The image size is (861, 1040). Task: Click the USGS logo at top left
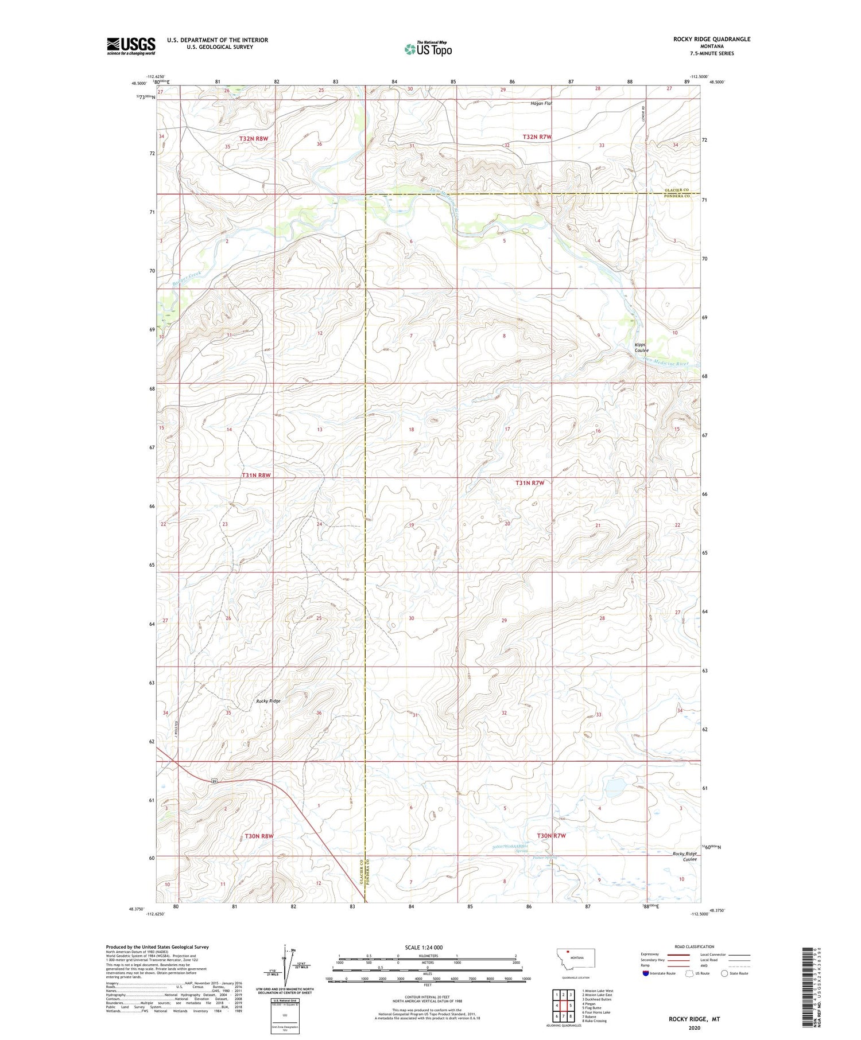click(x=131, y=46)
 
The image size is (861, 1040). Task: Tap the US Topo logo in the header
click(x=428, y=49)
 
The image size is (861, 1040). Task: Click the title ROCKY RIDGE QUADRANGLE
click(x=712, y=39)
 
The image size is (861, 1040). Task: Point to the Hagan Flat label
click(x=540, y=104)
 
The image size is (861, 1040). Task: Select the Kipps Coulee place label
click(x=641, y=348)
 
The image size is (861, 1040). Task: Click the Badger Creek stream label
click(x=187, y=279)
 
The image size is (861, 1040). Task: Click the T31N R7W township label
click(x=529, y=482)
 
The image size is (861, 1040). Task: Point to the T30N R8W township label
click(x=259, y=836)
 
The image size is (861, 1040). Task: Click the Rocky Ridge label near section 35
click(x=268, y=701)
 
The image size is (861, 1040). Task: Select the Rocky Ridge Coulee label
click(x=685, y=856)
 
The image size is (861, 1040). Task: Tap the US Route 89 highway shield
click(x=214, y=781)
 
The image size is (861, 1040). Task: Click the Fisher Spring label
click(x=545, y=858)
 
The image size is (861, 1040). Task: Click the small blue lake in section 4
click(x=615, y=784)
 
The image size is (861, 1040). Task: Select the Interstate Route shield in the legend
click(x=645, y=973)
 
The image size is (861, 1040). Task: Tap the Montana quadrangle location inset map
click(x=576, y=959)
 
